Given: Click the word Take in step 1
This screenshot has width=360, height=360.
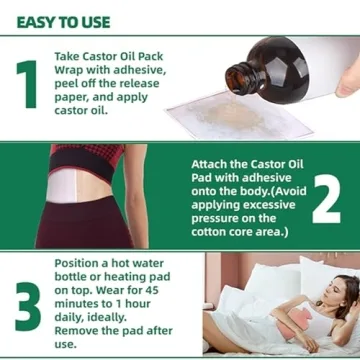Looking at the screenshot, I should click(71, 57).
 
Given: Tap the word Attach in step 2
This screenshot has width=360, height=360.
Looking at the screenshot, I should click(212, 162).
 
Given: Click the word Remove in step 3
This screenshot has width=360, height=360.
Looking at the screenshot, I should click(80, 332).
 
